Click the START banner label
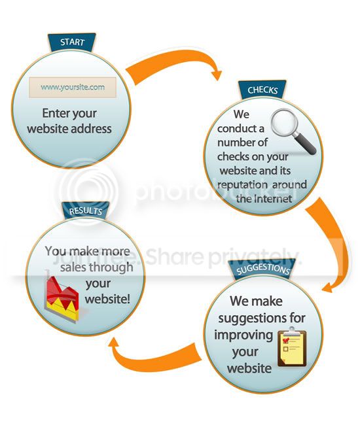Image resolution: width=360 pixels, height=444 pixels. click(x=72, y=43)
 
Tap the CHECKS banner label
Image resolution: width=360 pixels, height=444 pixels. click(x=262, y=90)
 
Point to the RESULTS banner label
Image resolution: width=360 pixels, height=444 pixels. click(x=85, y=211)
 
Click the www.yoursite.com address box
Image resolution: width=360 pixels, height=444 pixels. click(x=73, y=87)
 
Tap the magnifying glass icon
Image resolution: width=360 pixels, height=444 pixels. click(x=293, y=131)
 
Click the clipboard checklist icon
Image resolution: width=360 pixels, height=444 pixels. click(x=292, y=347)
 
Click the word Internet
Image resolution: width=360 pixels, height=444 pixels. click(x=273, y=199)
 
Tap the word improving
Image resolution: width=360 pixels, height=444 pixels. click(x=243, y=335)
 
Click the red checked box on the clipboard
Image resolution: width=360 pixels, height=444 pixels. click(x=286, y=340)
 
